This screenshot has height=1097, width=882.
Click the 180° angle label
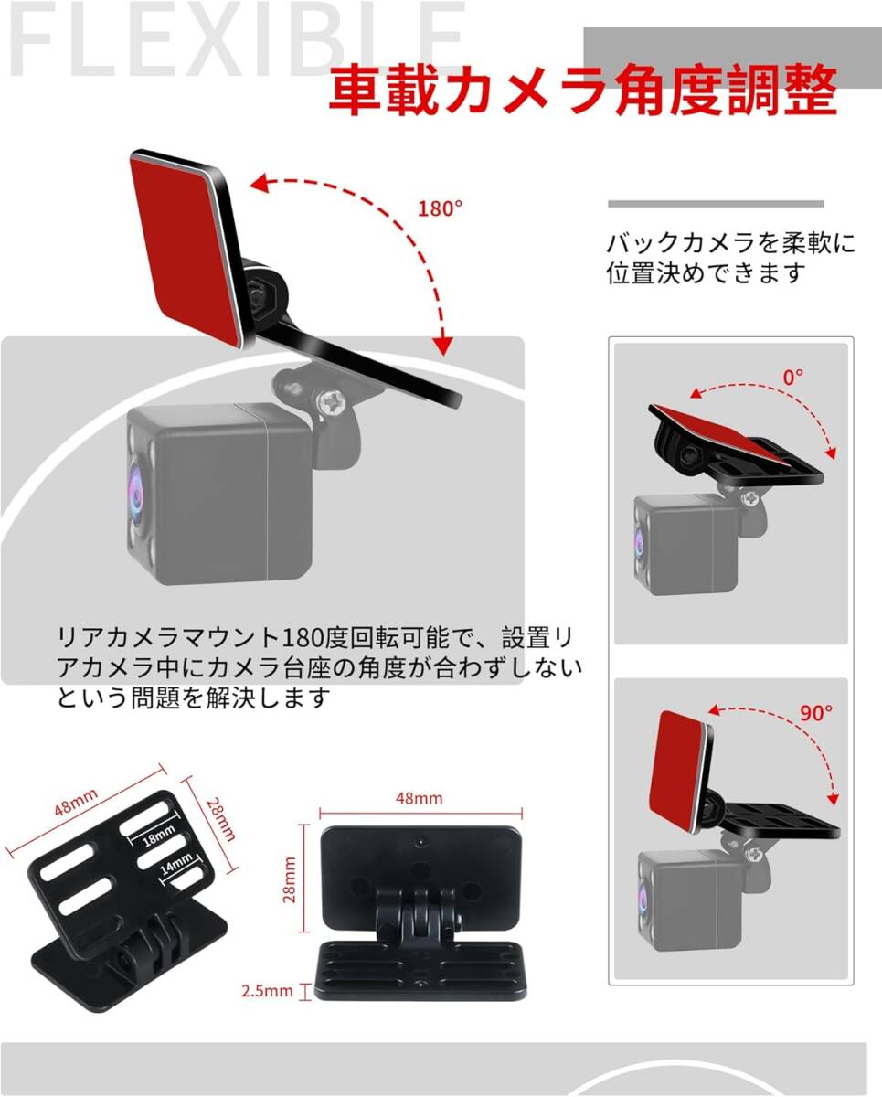coord(440,208)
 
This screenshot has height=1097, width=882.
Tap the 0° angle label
coord(792,378)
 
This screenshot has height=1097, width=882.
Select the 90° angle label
coord(815,713)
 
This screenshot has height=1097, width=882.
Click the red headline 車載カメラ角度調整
coord(583,90)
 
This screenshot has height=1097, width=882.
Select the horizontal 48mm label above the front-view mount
coord(420,798)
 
